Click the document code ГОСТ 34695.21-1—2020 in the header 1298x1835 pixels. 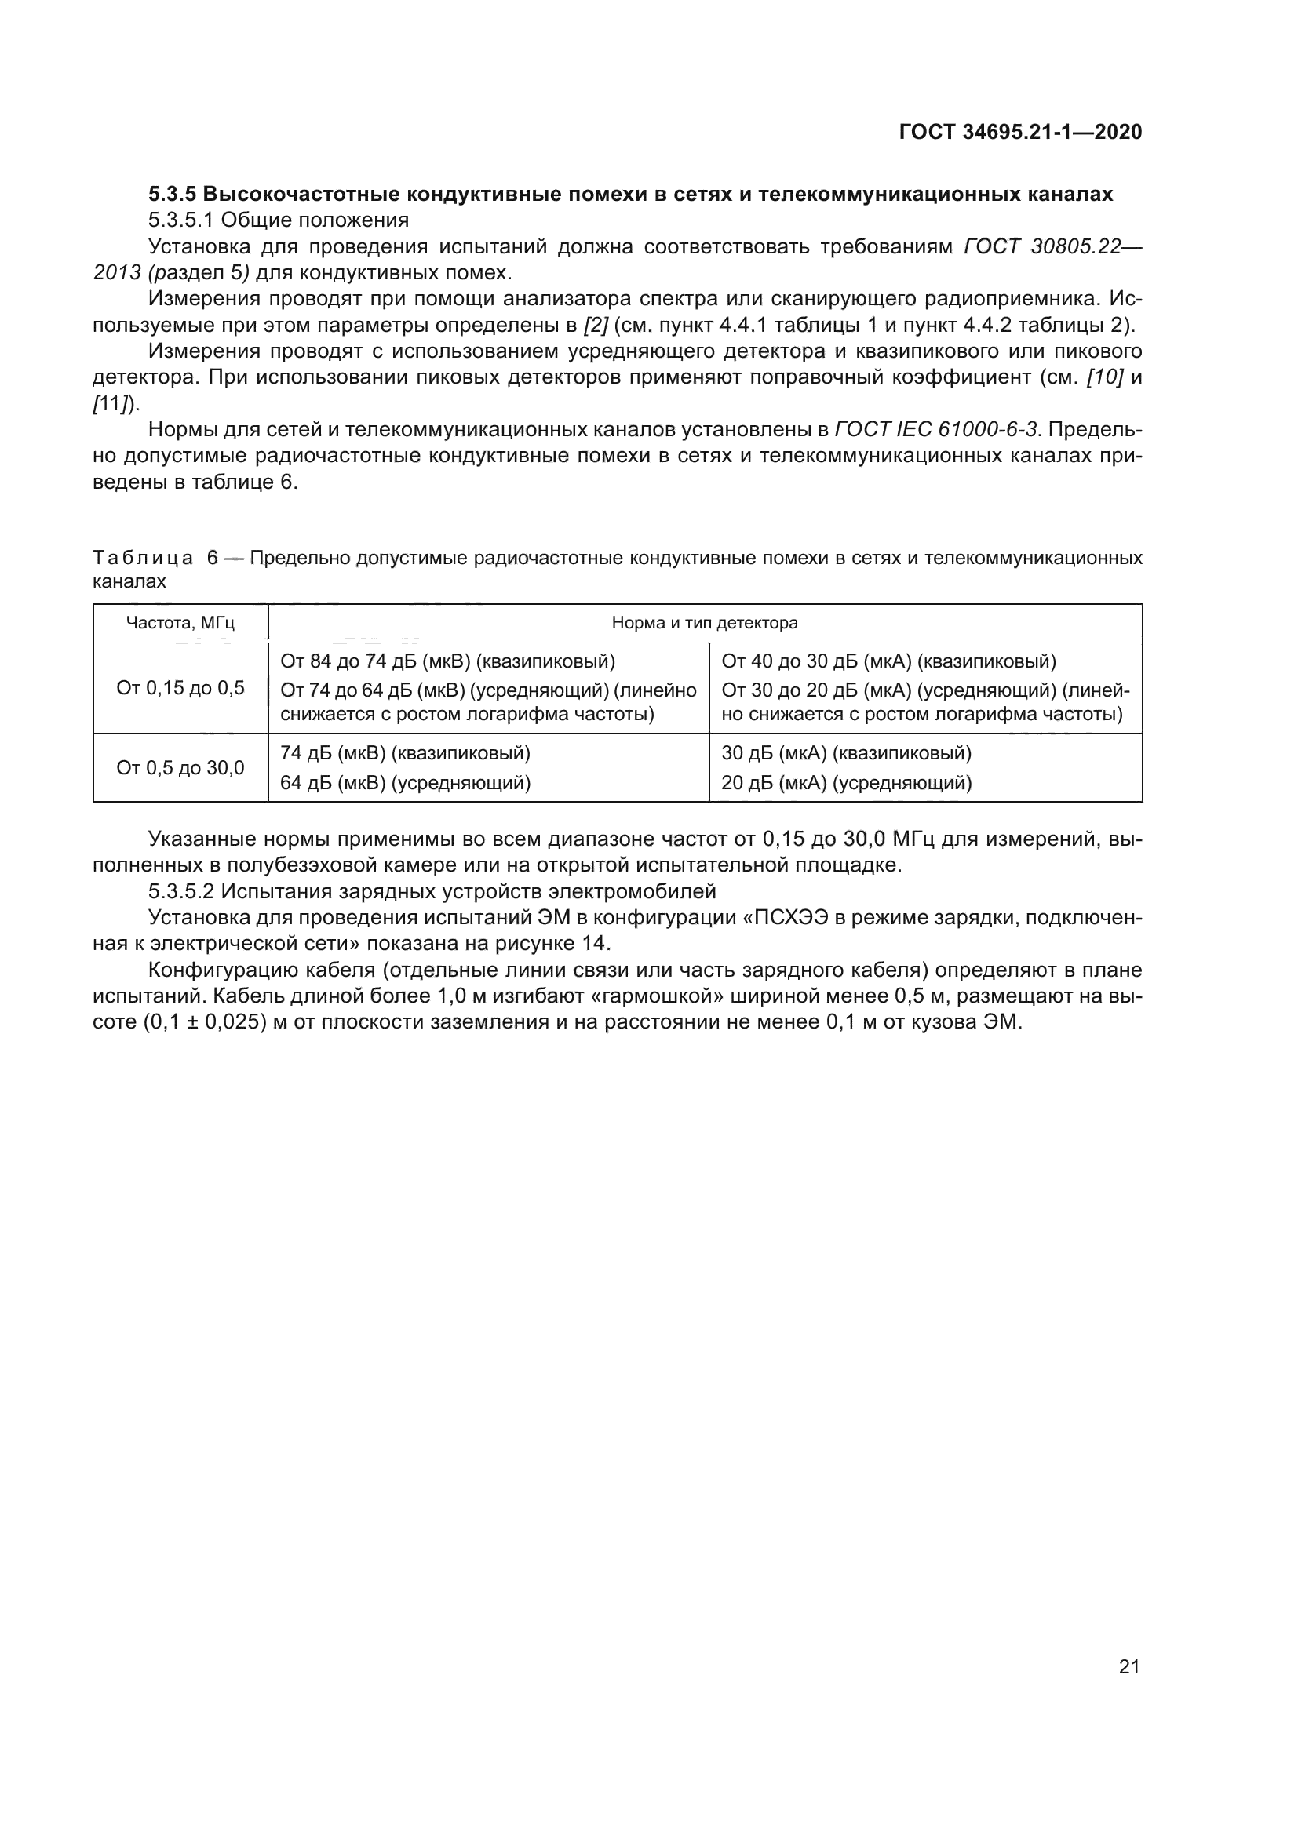click(1021, 132)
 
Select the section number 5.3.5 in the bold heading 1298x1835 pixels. click(173, 195)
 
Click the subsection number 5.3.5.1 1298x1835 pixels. click(181, 220)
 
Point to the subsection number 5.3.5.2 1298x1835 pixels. click(181, 891)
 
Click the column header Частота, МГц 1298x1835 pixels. click(180, 623)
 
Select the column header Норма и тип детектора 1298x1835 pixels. click(704, 623)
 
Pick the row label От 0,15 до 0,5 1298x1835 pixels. click(180, 688)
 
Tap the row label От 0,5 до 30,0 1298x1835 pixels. click(180, 768)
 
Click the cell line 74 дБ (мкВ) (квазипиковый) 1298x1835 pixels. click(405, 753)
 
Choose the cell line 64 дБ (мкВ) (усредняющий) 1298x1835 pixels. click(405, 782)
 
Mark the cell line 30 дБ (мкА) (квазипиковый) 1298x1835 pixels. click(847, 753)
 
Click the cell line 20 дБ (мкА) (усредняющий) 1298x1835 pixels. click(847, 782)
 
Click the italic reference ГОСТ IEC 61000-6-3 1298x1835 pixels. click(937, 430)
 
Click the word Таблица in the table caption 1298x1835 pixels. click(143, 558)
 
